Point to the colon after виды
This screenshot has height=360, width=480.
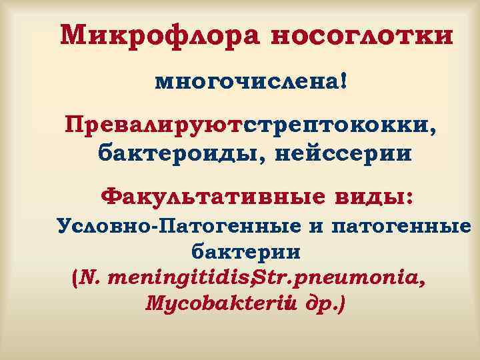tap(409, 197)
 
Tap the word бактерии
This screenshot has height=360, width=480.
tap(246, 252)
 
